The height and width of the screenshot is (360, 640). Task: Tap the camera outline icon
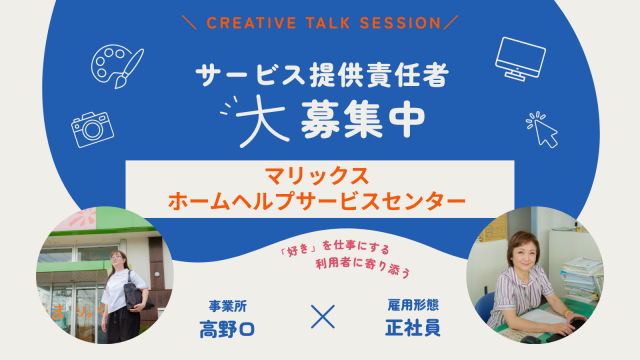[93, 129]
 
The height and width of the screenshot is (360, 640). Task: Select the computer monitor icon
[520, 59]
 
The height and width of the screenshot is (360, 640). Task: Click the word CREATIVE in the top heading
[251, 23]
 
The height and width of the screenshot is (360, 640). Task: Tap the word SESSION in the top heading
[400, 23]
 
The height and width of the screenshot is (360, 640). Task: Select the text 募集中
[362, 119]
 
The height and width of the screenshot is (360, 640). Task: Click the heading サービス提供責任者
[322, 75]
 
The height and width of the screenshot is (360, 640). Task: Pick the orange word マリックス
[318, 176]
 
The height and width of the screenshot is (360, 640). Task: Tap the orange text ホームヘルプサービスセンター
[317, 201]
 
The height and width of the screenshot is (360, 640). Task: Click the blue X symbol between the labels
[323, 316]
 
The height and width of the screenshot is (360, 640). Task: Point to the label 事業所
[227, 306]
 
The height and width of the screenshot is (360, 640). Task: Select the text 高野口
[227, 329]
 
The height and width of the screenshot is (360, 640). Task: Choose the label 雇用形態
[413, 305]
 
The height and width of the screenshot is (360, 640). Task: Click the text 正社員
[413, 328]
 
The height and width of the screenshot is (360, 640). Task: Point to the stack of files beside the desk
[582, 279]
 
